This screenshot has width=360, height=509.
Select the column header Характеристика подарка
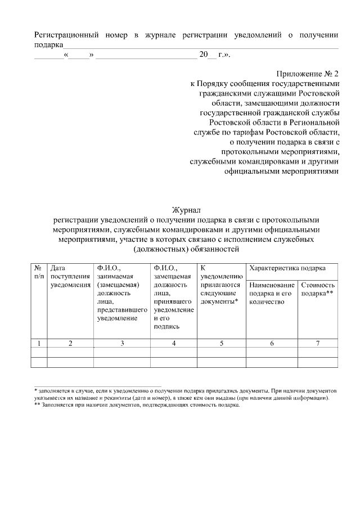click(286, 268)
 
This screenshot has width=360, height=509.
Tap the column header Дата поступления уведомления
click(70, 277)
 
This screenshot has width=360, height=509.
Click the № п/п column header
click(39, 272)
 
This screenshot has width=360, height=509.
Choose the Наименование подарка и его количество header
click(272, 294)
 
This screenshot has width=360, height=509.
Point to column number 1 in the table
click(39, 343)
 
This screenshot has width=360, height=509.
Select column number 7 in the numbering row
click(318, 343)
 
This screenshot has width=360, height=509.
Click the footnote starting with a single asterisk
click(186, 393)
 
